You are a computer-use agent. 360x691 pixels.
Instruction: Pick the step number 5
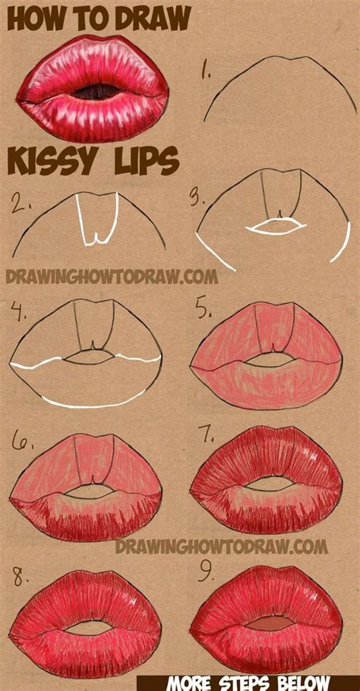pos(202,311)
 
